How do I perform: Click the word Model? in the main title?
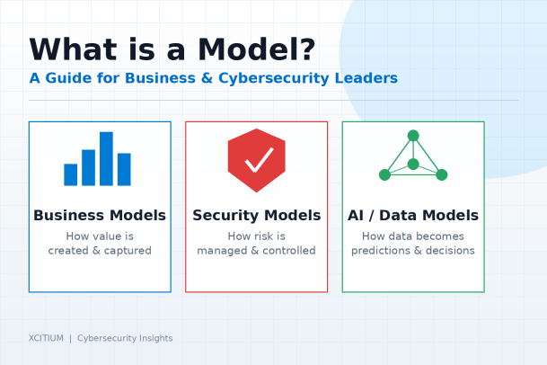click(256, 49)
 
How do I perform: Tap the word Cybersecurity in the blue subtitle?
click(273, 79)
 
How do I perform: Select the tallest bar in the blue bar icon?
click(106, 158)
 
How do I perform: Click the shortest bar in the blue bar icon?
click(70, 174)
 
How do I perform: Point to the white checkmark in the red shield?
click(259, 160)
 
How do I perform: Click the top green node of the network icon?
click(413, 136)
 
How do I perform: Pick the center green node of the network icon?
click(413, 164)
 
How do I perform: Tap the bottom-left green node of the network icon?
click(384, 174)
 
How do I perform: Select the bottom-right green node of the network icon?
click(442, 174)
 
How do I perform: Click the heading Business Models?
click(100, 216)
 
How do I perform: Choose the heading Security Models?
click(256, 216)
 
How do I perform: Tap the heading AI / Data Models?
click(413, 216)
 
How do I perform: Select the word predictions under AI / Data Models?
click(381, 251)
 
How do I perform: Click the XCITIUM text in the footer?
click(46, 338)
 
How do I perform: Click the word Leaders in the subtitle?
click(366, 78)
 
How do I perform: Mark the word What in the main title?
click(74, 49)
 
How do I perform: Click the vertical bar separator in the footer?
click(70, 338)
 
